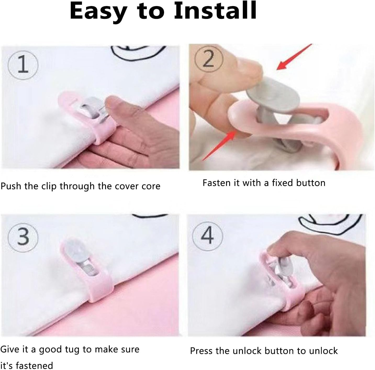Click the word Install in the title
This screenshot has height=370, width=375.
[x=215, y=11]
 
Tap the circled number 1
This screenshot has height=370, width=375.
[x=23, y=65]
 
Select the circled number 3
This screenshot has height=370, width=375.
[x=23, y=237]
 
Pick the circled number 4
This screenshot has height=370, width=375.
[x=207, y=236]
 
